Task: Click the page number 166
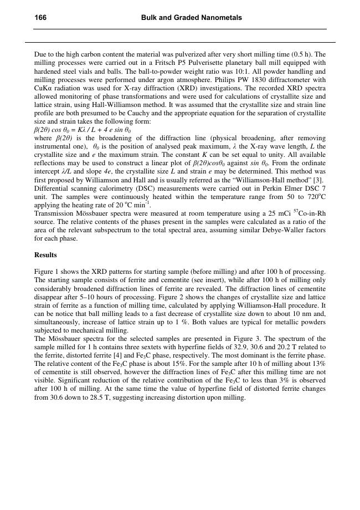pos(40,18)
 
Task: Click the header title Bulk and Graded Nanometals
pos(191,18)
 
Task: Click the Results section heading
pos(45,255)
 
